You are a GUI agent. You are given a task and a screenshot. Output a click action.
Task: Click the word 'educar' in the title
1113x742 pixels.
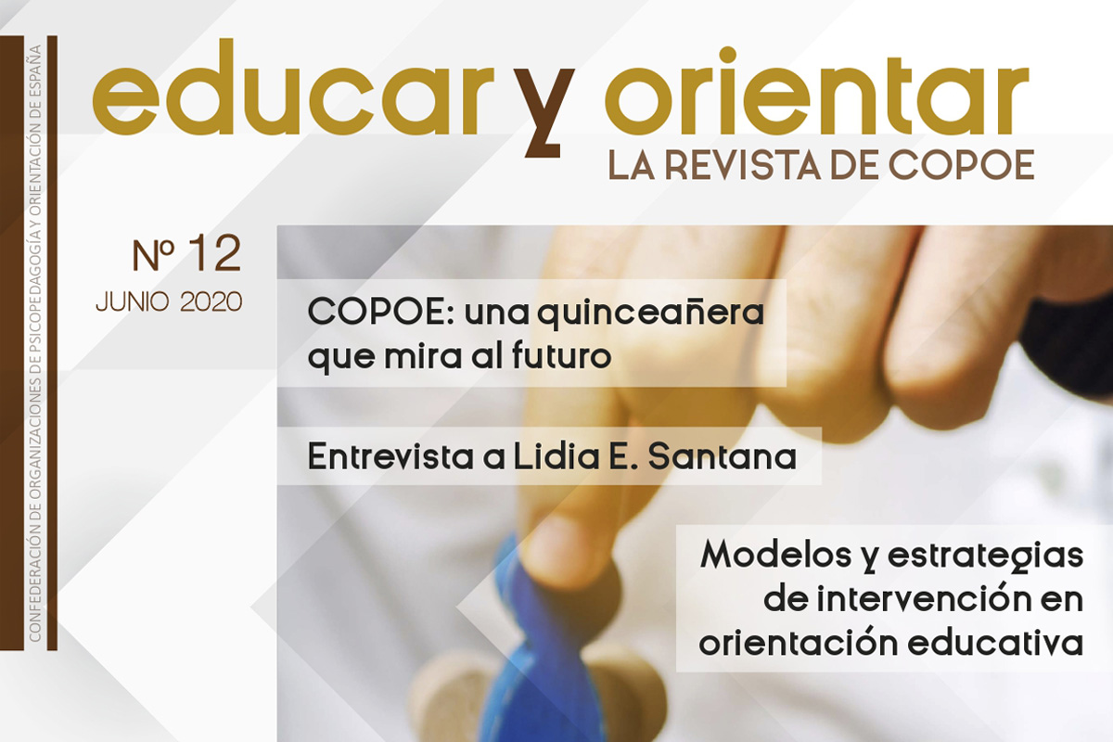tap(294, 87)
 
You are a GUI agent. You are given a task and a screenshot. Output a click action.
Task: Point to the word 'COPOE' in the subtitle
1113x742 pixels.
tap(962, 164)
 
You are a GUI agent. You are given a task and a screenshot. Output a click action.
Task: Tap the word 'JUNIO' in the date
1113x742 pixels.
tap(132, 302)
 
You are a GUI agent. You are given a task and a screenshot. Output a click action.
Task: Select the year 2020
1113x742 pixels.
tap(211, 301)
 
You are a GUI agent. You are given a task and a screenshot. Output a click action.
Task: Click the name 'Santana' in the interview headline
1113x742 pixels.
tap(723, 456)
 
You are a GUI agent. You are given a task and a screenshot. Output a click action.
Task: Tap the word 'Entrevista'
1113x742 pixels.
tap(390, 456)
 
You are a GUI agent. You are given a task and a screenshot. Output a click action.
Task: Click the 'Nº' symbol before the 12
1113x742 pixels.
tap(153, 255)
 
